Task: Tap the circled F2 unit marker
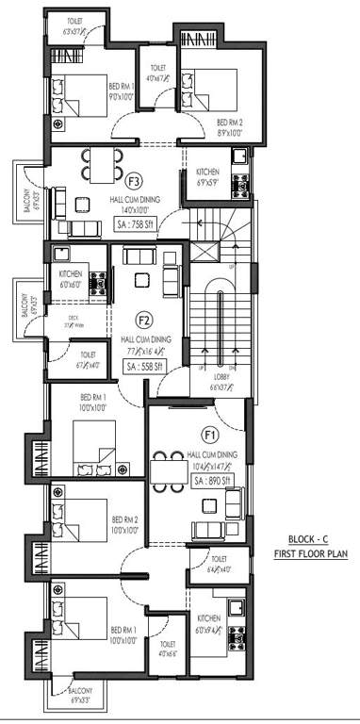pyautogui.click(x=144, y=319)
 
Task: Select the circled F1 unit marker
pyautogui.click(x=210, y=435)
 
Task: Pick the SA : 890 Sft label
pyautogui.click(x=214, y=480)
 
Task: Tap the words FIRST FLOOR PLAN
pyautogui.click(x=310, y=553)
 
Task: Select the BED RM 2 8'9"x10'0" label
pyautogui.click(x=230, y=127)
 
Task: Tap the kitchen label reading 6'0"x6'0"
pyautogui.click(x=73, y=279)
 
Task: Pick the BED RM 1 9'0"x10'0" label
pyautogui.click(x=95, y=90)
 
